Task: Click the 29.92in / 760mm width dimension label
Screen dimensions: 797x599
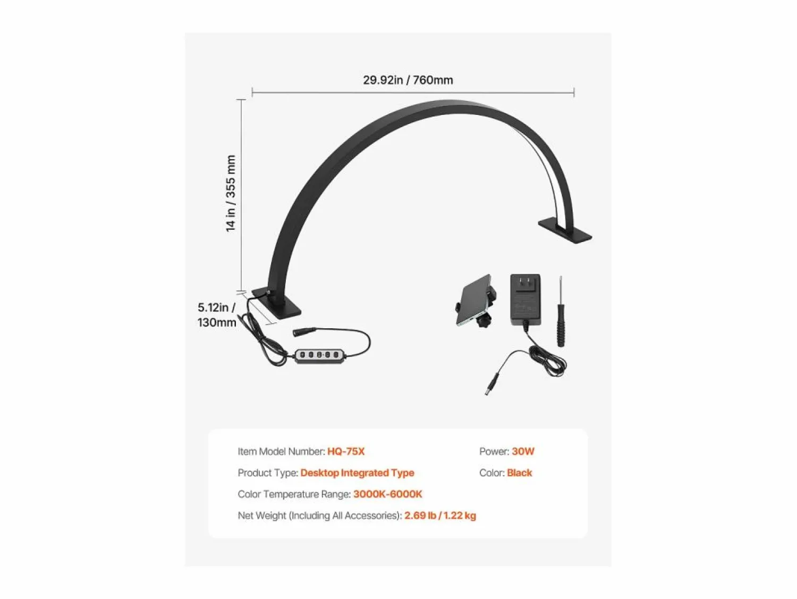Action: click(x=408, y=80)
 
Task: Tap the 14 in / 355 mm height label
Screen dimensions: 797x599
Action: click(x=231, y=193)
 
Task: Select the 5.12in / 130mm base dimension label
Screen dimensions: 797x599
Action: click(x=217, y=315)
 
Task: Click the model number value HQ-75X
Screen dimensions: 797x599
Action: click(x=346, y=452)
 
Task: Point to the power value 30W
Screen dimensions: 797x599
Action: click(x=523, y=452)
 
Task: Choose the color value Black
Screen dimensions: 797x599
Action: click(x=519, y=473)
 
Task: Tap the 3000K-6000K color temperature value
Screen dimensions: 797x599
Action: click(x=388, y=494)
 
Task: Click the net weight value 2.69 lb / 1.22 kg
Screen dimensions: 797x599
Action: click(x=440, y=516)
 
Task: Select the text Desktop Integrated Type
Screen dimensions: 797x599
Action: click(x=357, y=473)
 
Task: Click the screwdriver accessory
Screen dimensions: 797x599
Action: click(x=561, y=311)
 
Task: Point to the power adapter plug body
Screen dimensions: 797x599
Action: click(x=525, y=299)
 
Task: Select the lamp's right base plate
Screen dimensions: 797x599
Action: click(x=565, y=230)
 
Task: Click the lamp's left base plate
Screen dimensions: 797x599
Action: click(x=277, y=304)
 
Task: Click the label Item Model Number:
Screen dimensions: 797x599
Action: click(x=282, y=452)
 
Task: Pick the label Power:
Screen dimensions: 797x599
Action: click(x=494, y=452)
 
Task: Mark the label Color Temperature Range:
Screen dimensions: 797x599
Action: click(x=294, y=494)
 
